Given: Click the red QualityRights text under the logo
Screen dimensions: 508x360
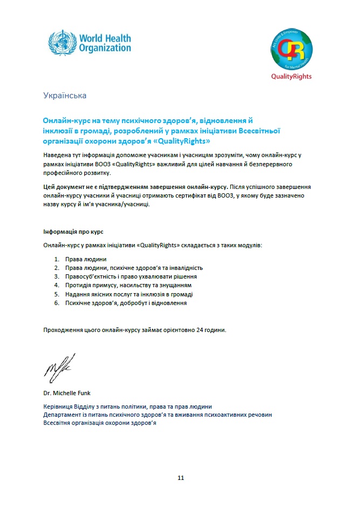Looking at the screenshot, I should coord(291,77).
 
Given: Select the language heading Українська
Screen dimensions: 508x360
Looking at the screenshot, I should coord(64,96).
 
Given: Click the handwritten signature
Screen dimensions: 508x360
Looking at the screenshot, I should coord(59,366).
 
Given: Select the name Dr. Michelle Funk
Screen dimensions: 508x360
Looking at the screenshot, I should coord(66,392).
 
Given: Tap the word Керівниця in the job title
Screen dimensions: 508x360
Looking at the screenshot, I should coord(59,407).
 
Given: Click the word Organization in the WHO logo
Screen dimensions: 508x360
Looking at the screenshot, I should coord(105,48).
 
